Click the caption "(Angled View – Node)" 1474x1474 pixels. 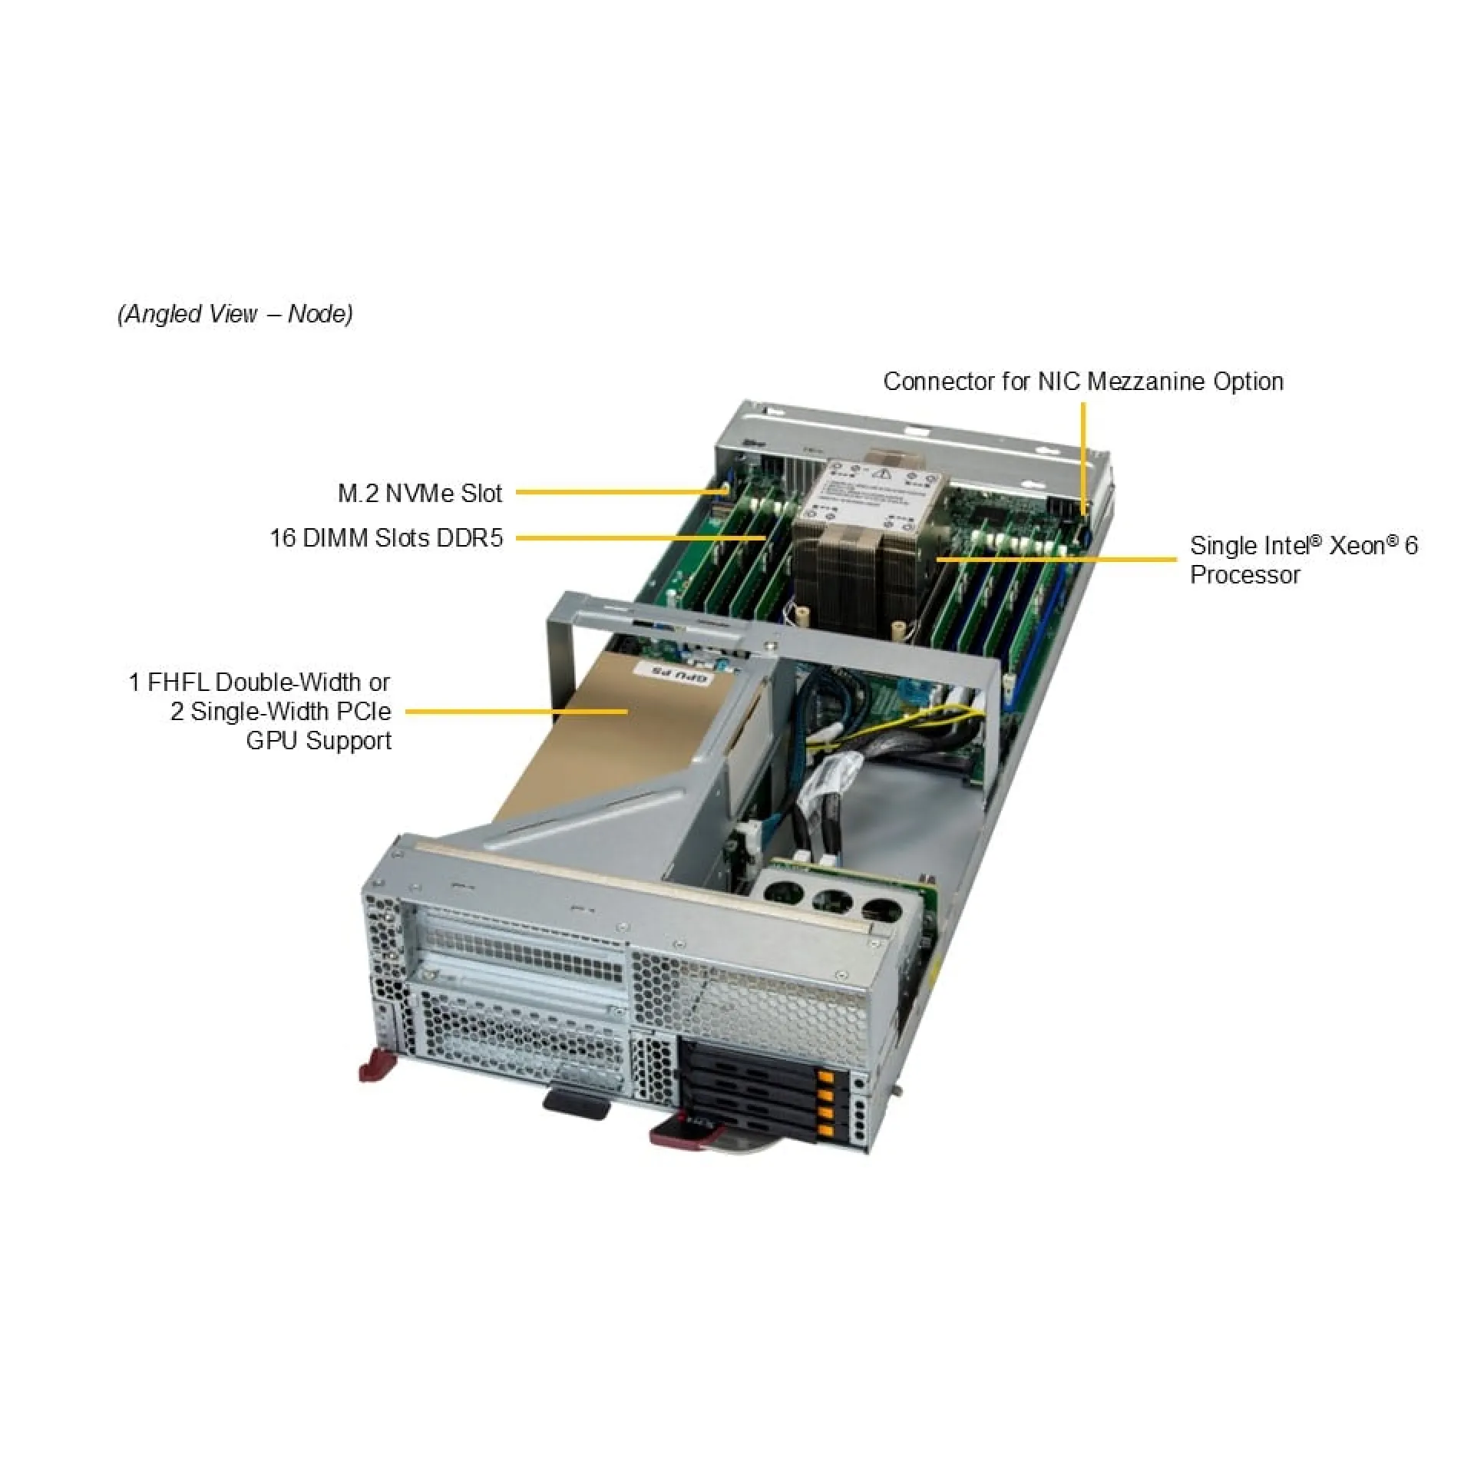235,314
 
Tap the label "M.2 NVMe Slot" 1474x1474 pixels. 419,494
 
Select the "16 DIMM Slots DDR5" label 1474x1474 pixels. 386,538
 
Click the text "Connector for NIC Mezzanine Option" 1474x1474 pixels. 1083,382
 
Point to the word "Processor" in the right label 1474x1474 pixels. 1244,575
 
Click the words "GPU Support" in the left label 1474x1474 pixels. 319,741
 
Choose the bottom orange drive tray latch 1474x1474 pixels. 826,1129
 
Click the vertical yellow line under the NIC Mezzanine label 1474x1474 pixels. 1083,453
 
